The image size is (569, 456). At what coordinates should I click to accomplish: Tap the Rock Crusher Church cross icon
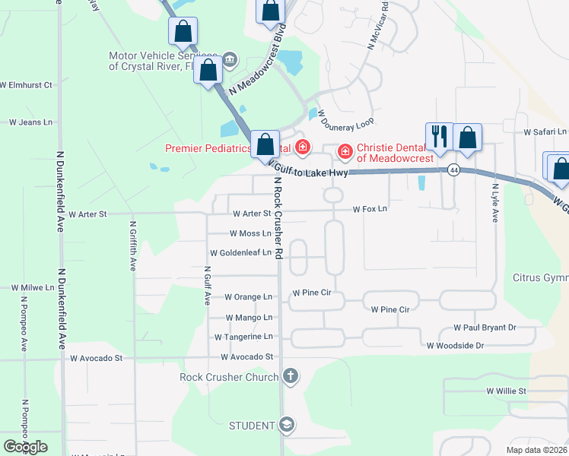coord(289,375)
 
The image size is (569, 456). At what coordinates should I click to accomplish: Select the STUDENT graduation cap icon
coord(287,425)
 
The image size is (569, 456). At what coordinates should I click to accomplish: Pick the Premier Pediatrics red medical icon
coord(302,147)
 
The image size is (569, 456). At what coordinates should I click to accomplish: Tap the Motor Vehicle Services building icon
coord(230,60)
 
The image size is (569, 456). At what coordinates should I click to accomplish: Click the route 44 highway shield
coord(453,169)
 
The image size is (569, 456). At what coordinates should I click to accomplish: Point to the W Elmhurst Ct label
coord(26,85)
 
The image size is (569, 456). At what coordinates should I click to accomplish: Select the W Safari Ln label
coord(545,131)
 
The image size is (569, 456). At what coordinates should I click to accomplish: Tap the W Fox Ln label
coord(370,209)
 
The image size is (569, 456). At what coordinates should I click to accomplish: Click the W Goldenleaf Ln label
coord(240,252)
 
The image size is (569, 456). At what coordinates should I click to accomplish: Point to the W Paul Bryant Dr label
coord(485,328)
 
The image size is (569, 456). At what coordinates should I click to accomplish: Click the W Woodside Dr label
coord(455,346)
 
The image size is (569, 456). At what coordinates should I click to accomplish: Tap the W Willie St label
coord(507,391)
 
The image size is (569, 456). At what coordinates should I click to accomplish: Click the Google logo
coord(25,446)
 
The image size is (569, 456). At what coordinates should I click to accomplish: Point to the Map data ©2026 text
coord(536,450)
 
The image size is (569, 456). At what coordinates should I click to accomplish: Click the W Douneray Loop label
coord(345,119)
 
